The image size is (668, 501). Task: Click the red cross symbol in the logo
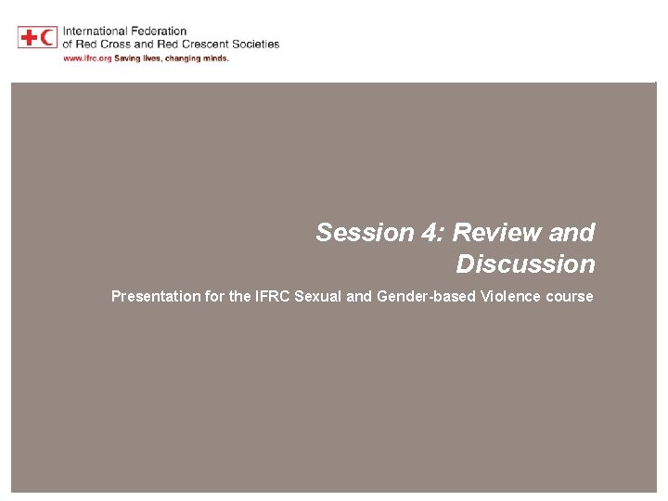[28, 37]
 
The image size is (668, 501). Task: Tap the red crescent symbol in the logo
[46, 37]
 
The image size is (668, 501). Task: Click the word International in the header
[96, 32]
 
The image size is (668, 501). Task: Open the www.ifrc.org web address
[84, 58]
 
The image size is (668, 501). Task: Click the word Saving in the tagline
[126, 58]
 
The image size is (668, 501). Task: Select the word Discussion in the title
[525, 264]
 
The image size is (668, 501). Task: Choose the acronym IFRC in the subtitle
[272, 297]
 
